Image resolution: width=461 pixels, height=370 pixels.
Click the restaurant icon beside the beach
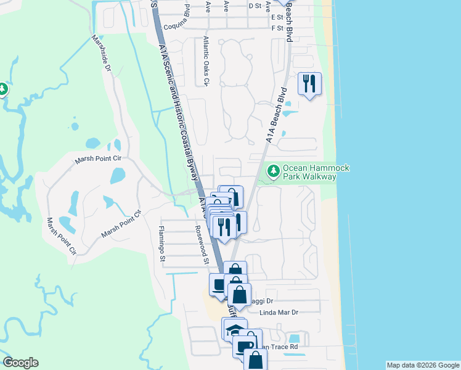click(309, 83)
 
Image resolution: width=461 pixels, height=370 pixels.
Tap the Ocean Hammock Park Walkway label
click(310, 173)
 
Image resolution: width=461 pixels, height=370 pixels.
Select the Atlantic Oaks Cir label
click(206, 61)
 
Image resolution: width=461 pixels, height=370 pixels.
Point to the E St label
click(277, 17)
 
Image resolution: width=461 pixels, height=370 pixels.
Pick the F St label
click(277, 28)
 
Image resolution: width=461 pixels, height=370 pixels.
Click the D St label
click(255, 6)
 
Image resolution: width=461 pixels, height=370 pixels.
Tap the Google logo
click(20, 363)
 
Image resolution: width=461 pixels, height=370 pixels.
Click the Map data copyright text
click(423, 365)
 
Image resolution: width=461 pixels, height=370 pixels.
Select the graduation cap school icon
click(234, 329)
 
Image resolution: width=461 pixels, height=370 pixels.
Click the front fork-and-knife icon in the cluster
click(223, 226)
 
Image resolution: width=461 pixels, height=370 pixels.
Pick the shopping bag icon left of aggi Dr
click(239, 294)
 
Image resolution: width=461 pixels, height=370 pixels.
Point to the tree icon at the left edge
click(3, 89)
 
